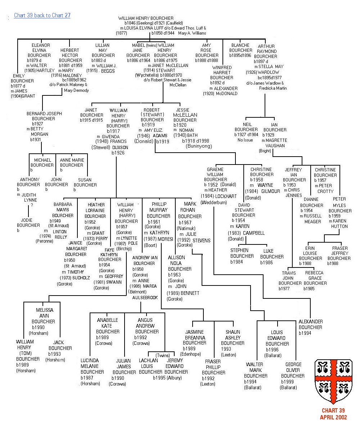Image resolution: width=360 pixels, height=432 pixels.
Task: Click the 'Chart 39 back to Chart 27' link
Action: point(42,15)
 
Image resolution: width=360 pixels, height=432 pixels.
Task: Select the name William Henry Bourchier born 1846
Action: point(146,18)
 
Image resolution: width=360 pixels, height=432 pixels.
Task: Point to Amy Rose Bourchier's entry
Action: point(207,53)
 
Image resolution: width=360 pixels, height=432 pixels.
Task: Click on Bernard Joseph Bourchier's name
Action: point(44,116)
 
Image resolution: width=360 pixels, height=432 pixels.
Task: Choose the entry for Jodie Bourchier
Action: point(28,222)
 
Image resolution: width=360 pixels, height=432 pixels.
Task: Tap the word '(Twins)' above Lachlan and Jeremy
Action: point(163,355)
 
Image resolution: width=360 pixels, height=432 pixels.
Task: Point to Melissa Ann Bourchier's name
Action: point(44,316)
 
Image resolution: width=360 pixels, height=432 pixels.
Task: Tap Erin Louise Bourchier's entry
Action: point(310,253)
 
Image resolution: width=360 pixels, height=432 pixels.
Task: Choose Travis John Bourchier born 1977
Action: point(290,278)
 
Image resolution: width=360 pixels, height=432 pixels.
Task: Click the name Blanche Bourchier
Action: point(241,48)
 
